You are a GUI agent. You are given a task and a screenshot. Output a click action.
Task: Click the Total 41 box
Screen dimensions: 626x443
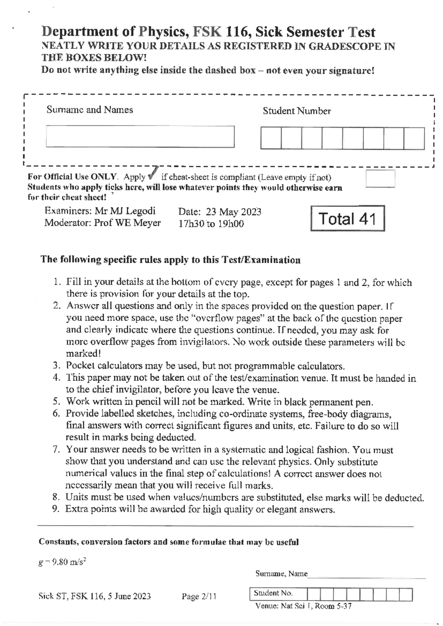point(347,219)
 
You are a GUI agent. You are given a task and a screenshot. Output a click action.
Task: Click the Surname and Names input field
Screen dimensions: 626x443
point(140,137)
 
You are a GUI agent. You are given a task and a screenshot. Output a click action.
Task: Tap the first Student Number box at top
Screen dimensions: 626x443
point(271,138)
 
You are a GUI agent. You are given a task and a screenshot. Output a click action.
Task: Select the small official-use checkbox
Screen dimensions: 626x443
point(380,179)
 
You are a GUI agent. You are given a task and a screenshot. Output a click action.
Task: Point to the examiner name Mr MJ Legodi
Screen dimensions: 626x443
point(125,211)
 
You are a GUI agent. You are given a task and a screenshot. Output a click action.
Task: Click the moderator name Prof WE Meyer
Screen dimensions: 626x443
point(127,223)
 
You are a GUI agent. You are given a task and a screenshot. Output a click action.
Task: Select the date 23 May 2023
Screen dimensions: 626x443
point(233,212)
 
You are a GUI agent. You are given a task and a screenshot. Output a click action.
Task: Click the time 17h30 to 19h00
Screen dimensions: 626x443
point(211,224)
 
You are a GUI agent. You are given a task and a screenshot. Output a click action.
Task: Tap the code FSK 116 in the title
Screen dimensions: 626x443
point(217,32)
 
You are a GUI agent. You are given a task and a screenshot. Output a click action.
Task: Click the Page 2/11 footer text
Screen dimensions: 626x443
point(199,596)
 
